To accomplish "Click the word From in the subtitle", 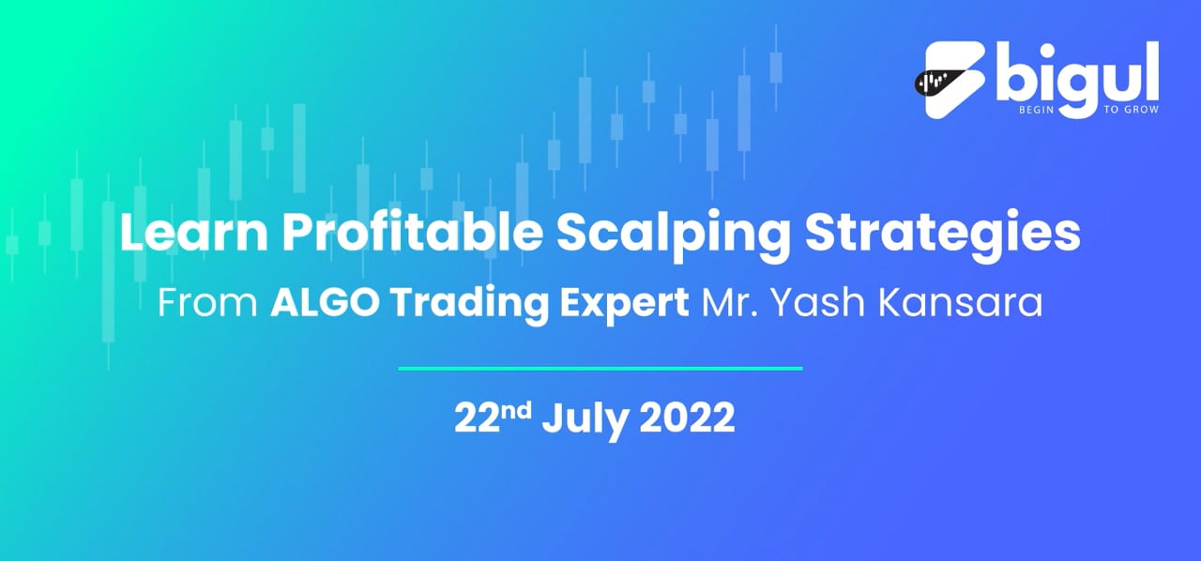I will click(x=206, y=303).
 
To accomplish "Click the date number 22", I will click(x=477, y=418).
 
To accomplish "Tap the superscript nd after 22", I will click(x=517, y=409).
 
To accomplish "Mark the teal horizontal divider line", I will click(x=600, y=369).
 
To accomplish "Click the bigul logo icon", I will click(x=951, y=81).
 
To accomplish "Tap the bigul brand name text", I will click(x=1077, y=75).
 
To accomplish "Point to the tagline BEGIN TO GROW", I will click(x=1088, y=110).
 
